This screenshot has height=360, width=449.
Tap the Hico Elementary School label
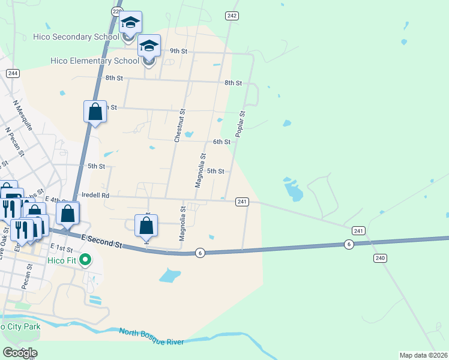click(x=95, y=61)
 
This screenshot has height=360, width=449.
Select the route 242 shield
click(x=232, y=16)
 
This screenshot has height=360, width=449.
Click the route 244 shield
click(x=13, y=73)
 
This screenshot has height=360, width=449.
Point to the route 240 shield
click(x=379, y=258)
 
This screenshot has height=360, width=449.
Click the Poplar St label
click(x=241, y=124)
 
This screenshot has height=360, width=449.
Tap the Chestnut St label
click(x=178, y=126)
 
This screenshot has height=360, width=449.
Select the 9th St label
click(x=179, y=51)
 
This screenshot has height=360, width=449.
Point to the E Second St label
click(x=102, y=242)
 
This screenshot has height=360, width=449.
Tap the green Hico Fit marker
click(x=86, y=260)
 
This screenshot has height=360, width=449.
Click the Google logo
click(x=20, y=353)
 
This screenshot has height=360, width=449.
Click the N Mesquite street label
click(x=22, y=113)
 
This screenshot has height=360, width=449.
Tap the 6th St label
click(x=221, y=142)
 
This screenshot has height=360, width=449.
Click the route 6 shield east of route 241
click(x=348, y=244)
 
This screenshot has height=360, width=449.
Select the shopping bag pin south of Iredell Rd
click(x=146, y=227)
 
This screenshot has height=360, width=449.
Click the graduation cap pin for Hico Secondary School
click(x=130, y=24)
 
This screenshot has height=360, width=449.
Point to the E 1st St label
click(x=61, y=248)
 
